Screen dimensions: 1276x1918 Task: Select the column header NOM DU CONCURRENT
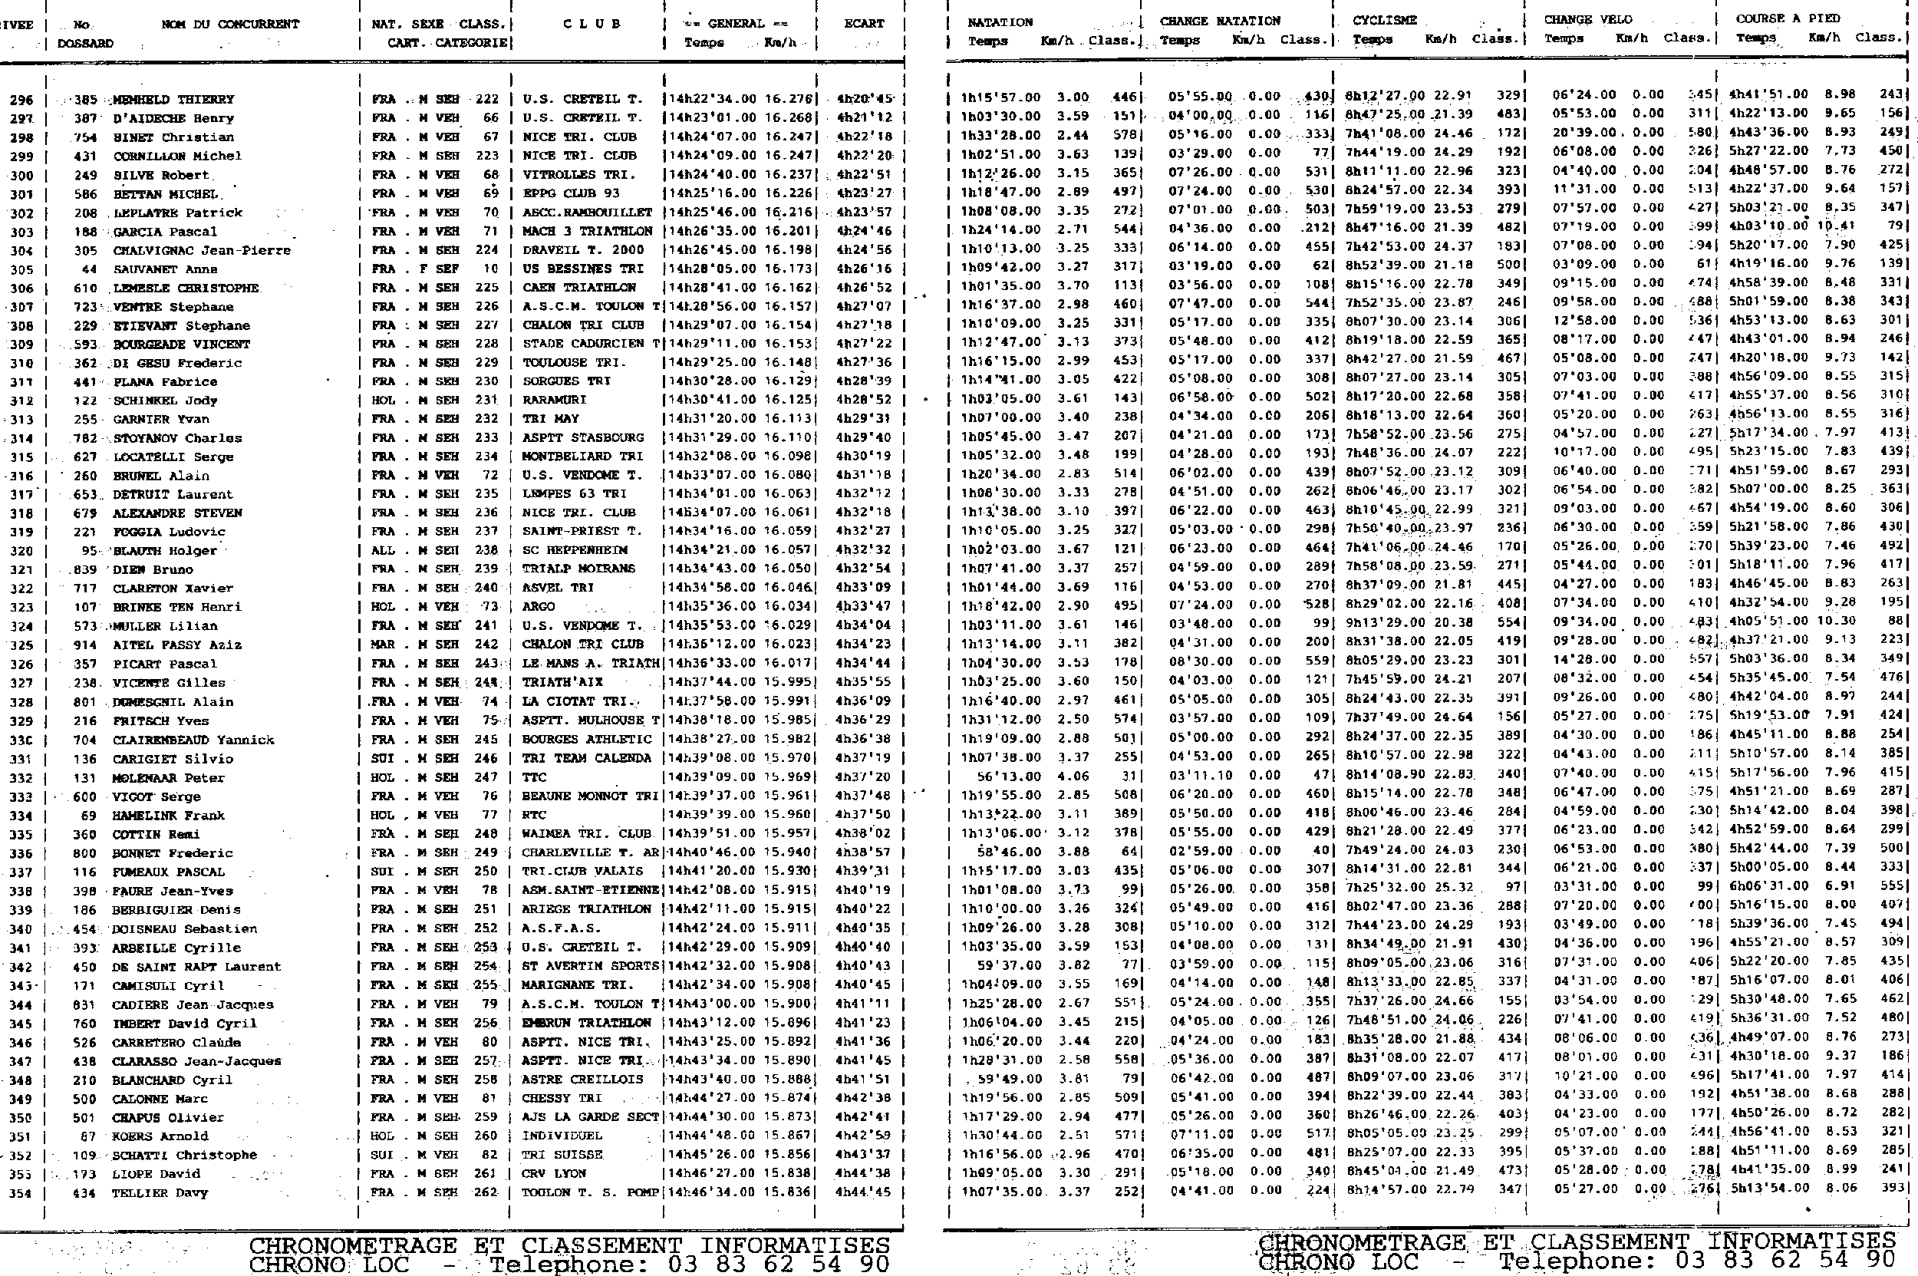click(230, 25)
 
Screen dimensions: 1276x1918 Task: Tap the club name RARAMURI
click(554, 401)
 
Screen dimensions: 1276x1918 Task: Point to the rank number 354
click(21, 1193)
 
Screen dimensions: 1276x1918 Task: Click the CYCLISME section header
click(1384, 21)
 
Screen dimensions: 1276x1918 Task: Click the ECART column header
click(863, 24)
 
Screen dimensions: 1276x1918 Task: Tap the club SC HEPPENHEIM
click(575, 550)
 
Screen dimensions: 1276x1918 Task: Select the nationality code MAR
click(383, 645)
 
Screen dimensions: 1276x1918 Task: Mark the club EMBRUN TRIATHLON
click(587, 1023)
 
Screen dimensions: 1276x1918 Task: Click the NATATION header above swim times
click(1000, 22)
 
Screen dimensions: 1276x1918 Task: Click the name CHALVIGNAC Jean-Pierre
click(202, 251)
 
